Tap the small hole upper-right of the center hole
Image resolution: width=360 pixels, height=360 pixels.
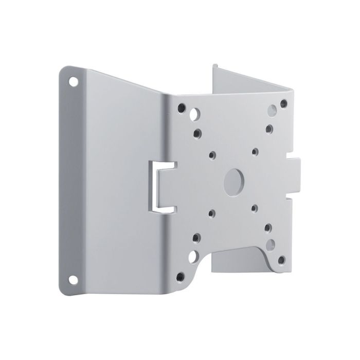(255, 151)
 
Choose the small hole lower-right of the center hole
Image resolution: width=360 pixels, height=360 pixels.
(255, 208)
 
